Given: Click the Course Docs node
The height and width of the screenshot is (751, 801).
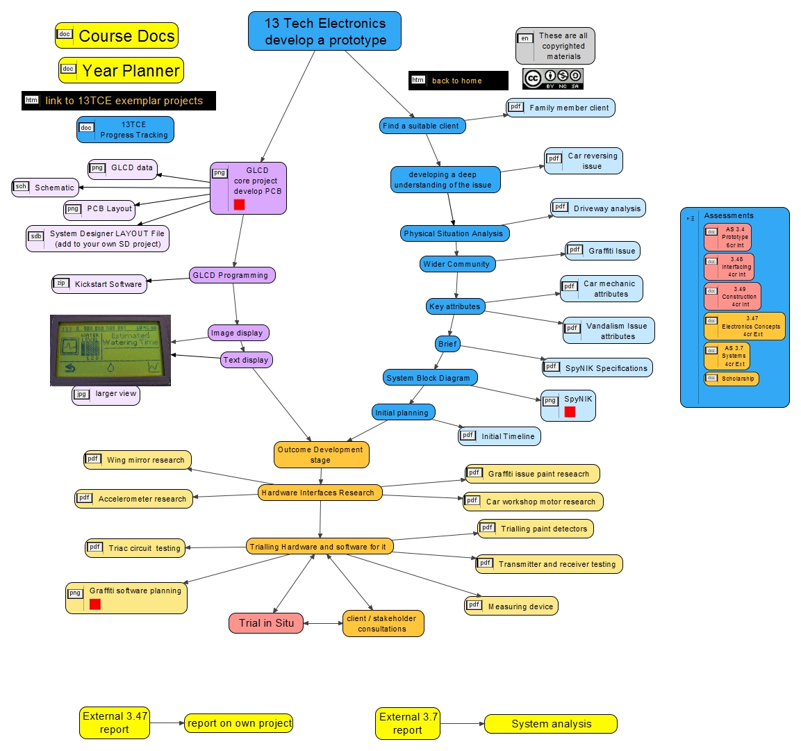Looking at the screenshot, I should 117,35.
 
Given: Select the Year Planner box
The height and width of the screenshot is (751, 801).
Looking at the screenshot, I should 122,70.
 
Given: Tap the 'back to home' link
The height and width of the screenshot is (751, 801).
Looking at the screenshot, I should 458,81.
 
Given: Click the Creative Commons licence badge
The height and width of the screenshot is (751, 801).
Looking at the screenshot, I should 553,79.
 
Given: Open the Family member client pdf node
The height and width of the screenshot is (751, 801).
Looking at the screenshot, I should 561,108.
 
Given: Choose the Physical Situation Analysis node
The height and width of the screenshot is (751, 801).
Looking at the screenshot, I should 454,233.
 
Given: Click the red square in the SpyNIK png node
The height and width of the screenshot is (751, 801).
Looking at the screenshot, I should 570,412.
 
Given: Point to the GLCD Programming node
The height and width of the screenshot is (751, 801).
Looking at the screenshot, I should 232,275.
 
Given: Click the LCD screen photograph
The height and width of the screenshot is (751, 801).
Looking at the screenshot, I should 110,349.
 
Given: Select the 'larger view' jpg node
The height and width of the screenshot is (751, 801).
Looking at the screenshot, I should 106,394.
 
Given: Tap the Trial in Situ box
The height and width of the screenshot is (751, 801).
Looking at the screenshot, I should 266,623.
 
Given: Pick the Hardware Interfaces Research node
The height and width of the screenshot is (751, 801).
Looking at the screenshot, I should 320,493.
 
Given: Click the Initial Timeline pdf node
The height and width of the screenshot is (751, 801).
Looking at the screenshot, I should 499,436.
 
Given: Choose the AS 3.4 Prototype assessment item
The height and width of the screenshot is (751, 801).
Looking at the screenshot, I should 728,237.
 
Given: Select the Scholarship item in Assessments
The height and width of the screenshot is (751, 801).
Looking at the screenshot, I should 732,379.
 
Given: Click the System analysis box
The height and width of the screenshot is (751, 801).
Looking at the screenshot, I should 551,724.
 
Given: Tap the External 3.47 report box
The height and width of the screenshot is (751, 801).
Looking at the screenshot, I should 115,723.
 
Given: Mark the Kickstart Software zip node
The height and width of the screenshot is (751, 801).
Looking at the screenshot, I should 99,284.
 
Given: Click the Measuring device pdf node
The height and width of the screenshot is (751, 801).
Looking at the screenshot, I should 511,606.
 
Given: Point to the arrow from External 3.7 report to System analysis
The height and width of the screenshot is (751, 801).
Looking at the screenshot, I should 461,724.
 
